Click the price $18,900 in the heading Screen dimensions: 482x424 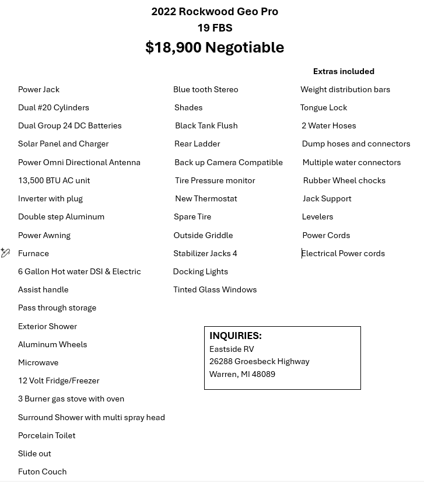click(x=173, y=47)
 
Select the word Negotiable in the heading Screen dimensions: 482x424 click(x=244, y=47)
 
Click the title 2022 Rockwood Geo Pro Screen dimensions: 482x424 click(x=215, y=12)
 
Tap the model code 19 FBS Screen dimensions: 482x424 click(x=215, y=28)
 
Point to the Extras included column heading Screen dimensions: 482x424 click(x=344, y=71)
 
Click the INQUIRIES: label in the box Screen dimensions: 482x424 click(x=236, y=336)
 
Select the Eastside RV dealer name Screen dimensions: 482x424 click(x=232, y=349)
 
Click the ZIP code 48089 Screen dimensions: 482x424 click(x=264, y=374)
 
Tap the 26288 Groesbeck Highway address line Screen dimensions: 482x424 click(x=259, y=361)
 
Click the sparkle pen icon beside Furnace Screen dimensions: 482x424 click(x=5, y=253)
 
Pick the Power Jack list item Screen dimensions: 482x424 click(x=38, y=89)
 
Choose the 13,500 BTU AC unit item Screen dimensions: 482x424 click(x=54, y=180)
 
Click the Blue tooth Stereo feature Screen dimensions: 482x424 click(x=205, y=89)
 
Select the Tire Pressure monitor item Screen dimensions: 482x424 click(x=215, y=180)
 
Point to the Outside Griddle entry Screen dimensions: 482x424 click(x=203, y=235)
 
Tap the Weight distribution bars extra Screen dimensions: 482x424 click(x=345, y=89)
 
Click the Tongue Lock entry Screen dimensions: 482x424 click(x=324, y=107)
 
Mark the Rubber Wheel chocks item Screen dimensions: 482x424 click(x=344, y=180)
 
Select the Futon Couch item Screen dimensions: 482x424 click(x=42, y=471)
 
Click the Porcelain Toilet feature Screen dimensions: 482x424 click(x=47, y=435)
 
